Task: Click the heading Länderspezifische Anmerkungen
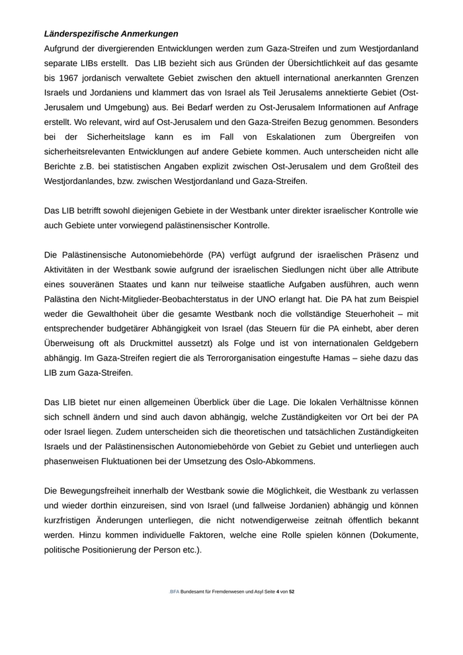[111, 33]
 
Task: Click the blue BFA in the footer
[175, 591]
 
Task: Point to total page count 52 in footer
[292, 591]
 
